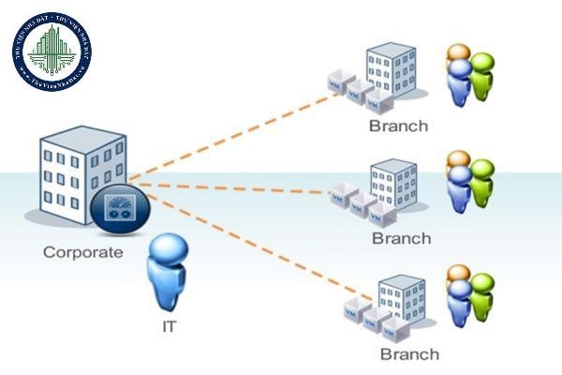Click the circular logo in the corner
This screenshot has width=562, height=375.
52,52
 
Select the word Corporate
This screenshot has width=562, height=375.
82,252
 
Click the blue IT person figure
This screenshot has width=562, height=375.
170,272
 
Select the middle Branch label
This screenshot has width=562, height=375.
401,238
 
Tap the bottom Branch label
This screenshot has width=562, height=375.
409,353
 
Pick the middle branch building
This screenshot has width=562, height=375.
392,185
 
